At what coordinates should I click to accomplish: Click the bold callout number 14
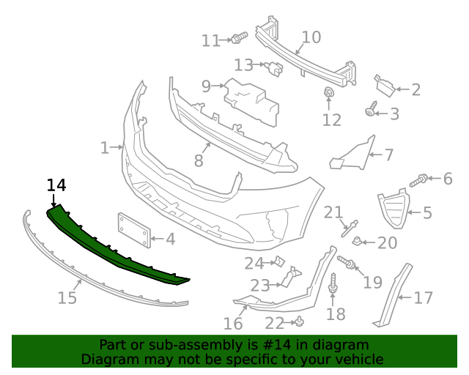(x=56, y=185)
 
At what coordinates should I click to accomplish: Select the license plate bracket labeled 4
(x=134, y=230)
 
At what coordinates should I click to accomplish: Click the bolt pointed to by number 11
(x=240, y=37)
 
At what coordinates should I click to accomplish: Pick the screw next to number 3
(x=371, y=109)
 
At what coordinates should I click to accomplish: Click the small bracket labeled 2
(x=385, y=86)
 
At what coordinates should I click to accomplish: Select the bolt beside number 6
(x=418, y=180)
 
